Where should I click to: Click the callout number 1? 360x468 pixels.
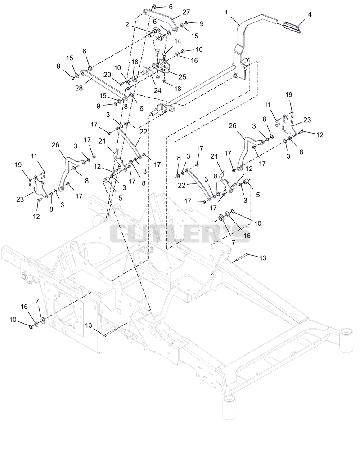[226, 12]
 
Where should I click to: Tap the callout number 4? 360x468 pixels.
[310, 14]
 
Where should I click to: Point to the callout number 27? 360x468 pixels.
[186, 12]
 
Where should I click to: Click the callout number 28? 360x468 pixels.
[79, 89]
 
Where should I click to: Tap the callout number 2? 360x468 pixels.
[127, 25]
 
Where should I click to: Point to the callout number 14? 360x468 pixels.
[178, 41]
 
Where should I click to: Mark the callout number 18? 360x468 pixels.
[178, 89]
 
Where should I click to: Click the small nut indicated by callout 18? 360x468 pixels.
[165, 80]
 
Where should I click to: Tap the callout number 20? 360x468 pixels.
[107, 74]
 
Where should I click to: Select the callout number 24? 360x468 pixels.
[157, 90]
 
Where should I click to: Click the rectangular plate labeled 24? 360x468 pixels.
[148, 71]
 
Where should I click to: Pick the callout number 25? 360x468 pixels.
[182, 77]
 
